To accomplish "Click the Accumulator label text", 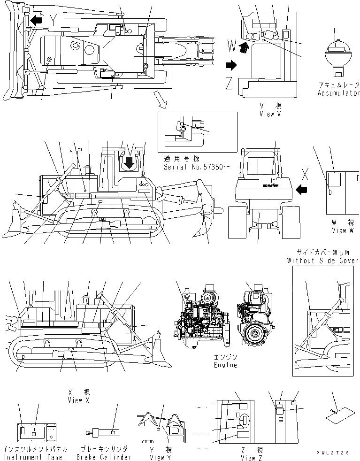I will pos(338,93).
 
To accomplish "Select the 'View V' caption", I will pos(270,114).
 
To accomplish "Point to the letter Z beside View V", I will pos(229,84).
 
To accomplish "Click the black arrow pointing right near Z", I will pos(231,63).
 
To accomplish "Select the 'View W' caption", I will pos(345,230).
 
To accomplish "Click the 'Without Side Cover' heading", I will pos(323,260).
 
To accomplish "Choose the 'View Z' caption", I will pos(248,457).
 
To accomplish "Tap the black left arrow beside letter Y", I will pos(35,20).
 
